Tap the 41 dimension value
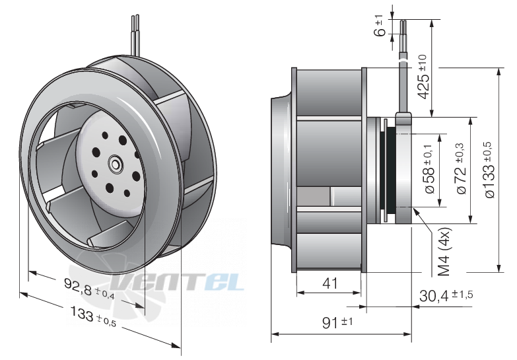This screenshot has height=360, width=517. [330, 283]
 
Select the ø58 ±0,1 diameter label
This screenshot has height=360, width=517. [428, 168]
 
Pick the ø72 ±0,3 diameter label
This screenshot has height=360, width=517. [460, 168]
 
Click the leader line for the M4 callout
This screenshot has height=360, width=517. [426, 225]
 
